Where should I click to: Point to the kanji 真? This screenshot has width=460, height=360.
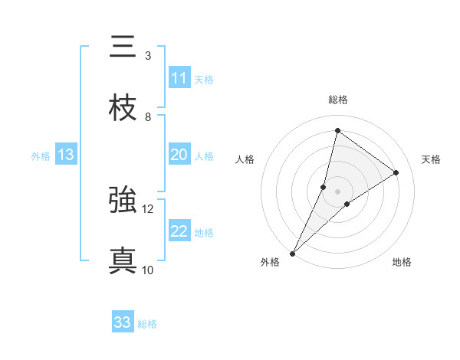pos(123,261)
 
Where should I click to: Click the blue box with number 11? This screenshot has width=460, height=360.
pos(179,78)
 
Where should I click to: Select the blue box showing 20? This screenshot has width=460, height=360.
pos(179,155)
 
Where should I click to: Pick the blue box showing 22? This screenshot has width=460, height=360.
pos(179,231)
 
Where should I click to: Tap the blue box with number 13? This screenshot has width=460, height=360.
pos(66,155)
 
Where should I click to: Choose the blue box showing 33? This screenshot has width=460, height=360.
pos(123,322)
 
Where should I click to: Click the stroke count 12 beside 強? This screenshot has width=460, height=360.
pos(148,208)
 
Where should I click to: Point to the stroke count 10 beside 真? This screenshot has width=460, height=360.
pos(148,270)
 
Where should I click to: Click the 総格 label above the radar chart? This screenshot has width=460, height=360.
pos(338,100)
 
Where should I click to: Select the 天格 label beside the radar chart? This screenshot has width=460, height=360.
pos(432,159)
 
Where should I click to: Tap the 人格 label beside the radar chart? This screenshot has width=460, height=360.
pos(245,159)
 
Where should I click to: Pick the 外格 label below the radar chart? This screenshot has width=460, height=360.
pos(270,262)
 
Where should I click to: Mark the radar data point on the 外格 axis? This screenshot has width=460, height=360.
pos(293,253)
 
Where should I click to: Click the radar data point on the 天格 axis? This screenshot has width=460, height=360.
pos(396,172)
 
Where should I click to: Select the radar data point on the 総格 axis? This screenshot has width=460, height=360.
pos(337,130)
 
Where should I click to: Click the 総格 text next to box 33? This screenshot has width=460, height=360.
pos(147,324)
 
